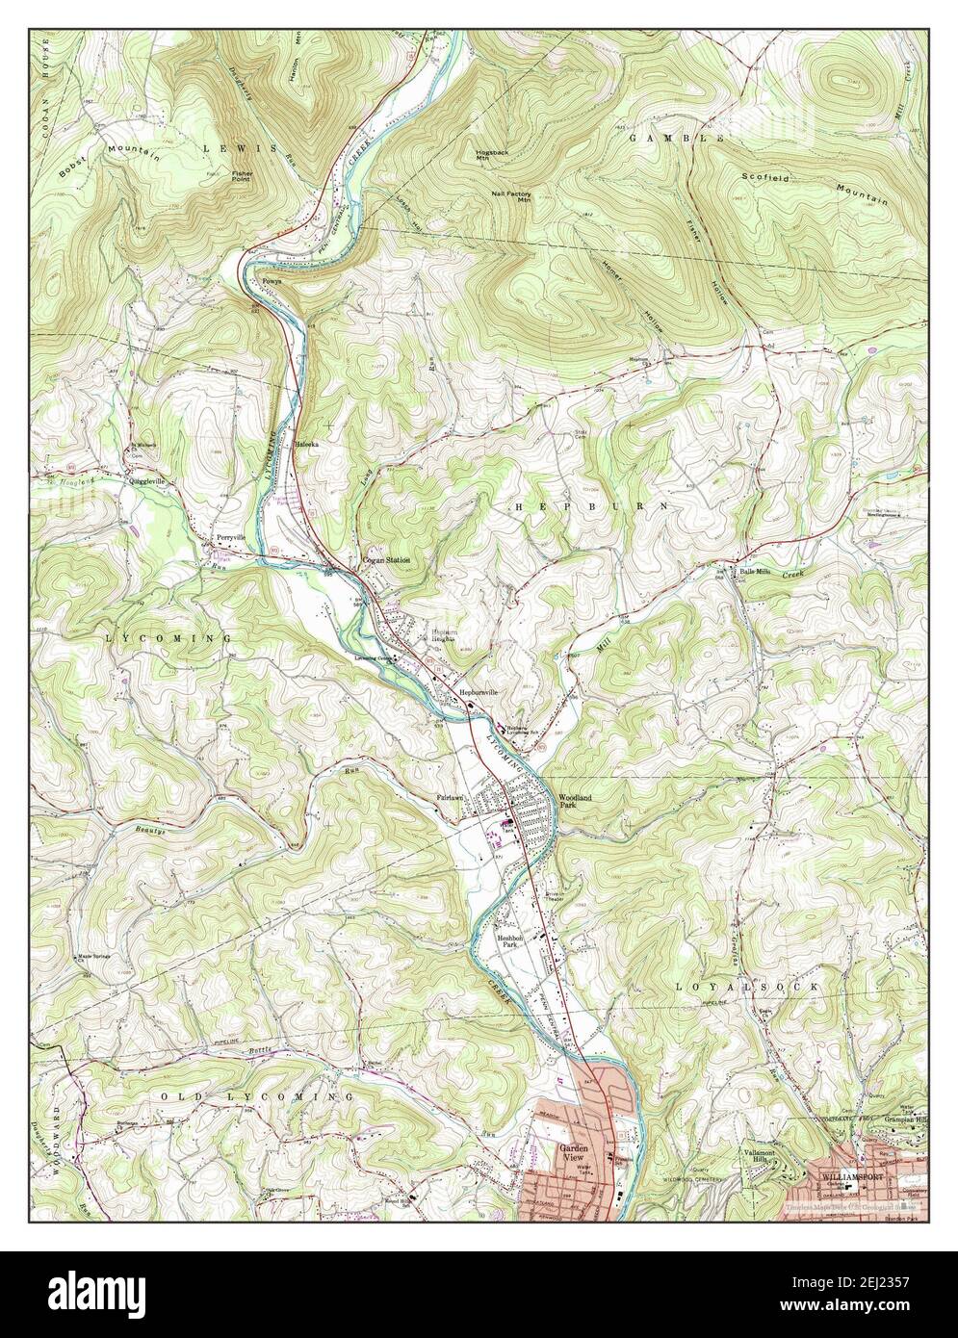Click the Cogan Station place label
click(385, 559)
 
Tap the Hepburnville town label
click(479, 692)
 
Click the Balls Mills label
click(756, 573)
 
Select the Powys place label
click(272, 281)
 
